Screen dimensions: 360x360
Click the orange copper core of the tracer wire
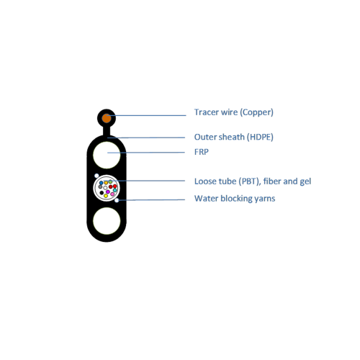tap(107, 118)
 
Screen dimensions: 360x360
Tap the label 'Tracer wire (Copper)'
tap(234, 112)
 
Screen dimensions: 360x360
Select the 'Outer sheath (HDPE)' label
tap(234, 137)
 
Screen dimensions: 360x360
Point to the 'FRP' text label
tap(202, 152)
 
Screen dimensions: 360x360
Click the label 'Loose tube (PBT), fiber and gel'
tap(253, 181)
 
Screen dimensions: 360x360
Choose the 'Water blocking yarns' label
tap(235, 199)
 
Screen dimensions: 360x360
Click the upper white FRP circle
tap(107, 155)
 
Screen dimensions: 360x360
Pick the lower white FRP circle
tap(107, 221)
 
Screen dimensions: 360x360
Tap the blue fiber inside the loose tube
tap(101, 183)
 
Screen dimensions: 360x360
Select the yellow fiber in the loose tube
tap(106, 196)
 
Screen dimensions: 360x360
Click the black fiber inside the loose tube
tap(102, 193)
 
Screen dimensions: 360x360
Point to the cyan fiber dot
tap(115, 190)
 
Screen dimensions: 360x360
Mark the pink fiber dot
tap(112, 194)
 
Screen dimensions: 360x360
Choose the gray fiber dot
tap(100, 186)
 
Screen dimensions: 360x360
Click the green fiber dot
tap(110, 181)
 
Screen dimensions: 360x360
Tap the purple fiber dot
tap(108, 192)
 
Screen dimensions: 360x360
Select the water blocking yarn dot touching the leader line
tap(117, 200)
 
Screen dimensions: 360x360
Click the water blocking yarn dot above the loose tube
tap(96, 176)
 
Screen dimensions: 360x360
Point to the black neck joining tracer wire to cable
tap(107, 132)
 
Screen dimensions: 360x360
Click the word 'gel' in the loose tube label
tap(305, 181)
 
